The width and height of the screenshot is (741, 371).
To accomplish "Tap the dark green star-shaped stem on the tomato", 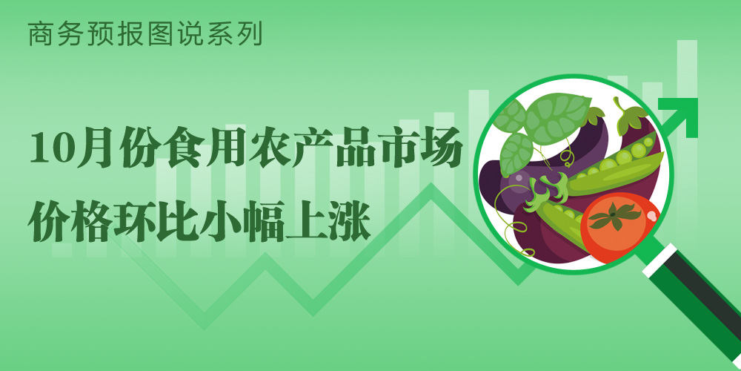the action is (613, 216).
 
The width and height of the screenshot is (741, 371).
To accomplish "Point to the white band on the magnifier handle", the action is (660, 260).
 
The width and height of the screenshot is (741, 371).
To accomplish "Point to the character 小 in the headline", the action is (221, 221).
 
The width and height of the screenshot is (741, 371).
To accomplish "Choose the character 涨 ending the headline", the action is (349, 221).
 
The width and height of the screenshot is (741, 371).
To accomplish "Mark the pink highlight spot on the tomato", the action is (651, 216).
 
